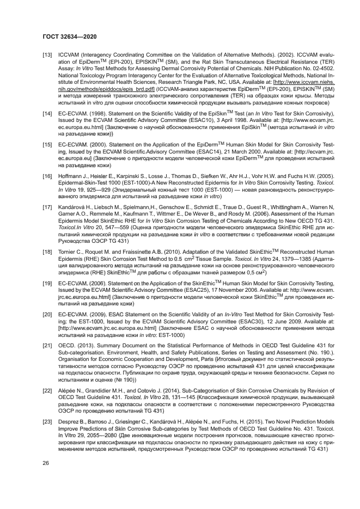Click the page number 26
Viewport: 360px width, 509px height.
coord(46,463)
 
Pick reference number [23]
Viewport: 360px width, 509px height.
coord(47,422)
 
